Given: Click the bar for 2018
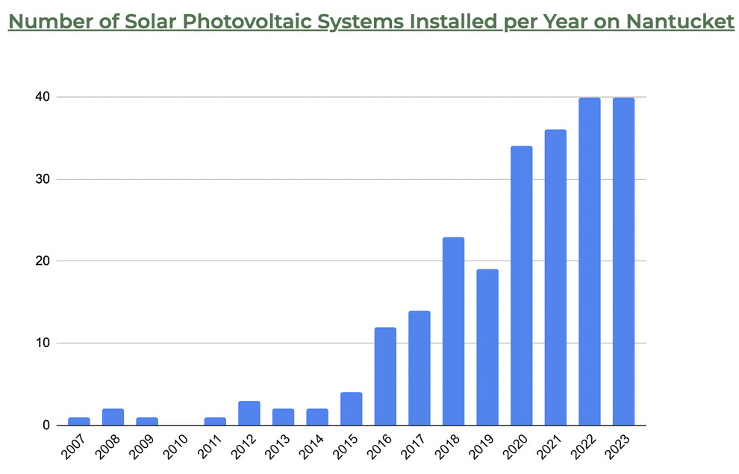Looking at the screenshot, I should point(453,331).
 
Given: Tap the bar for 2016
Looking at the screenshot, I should point(385,376).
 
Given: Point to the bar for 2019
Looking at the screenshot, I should point(487,347).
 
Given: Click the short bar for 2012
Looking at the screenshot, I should point(249,414).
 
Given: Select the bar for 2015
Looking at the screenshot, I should point(351,409).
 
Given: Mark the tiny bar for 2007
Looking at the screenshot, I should point(79,422).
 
